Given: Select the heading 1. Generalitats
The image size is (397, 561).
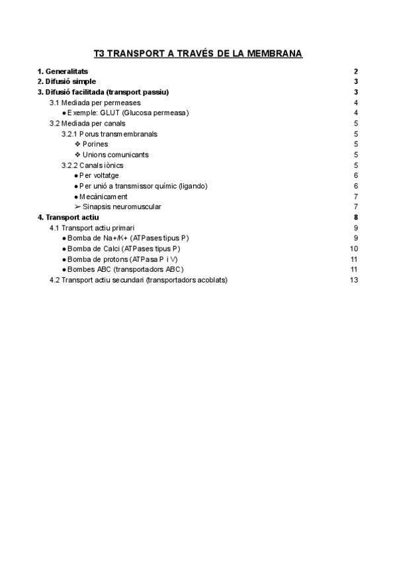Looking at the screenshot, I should coord(63,71).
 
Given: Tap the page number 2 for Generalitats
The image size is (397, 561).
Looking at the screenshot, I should coord(356,71).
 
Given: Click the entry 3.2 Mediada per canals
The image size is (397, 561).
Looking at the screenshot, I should coord(87,123).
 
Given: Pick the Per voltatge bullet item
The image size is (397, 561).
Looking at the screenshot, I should coord(102,175).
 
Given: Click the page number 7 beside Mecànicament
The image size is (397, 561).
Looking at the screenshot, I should coord(356,196).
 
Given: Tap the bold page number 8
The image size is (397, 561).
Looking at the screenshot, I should coord(356,217).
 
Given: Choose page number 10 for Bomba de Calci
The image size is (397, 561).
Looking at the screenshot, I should coord(354,248).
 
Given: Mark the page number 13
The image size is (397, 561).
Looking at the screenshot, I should coord(354,280).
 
